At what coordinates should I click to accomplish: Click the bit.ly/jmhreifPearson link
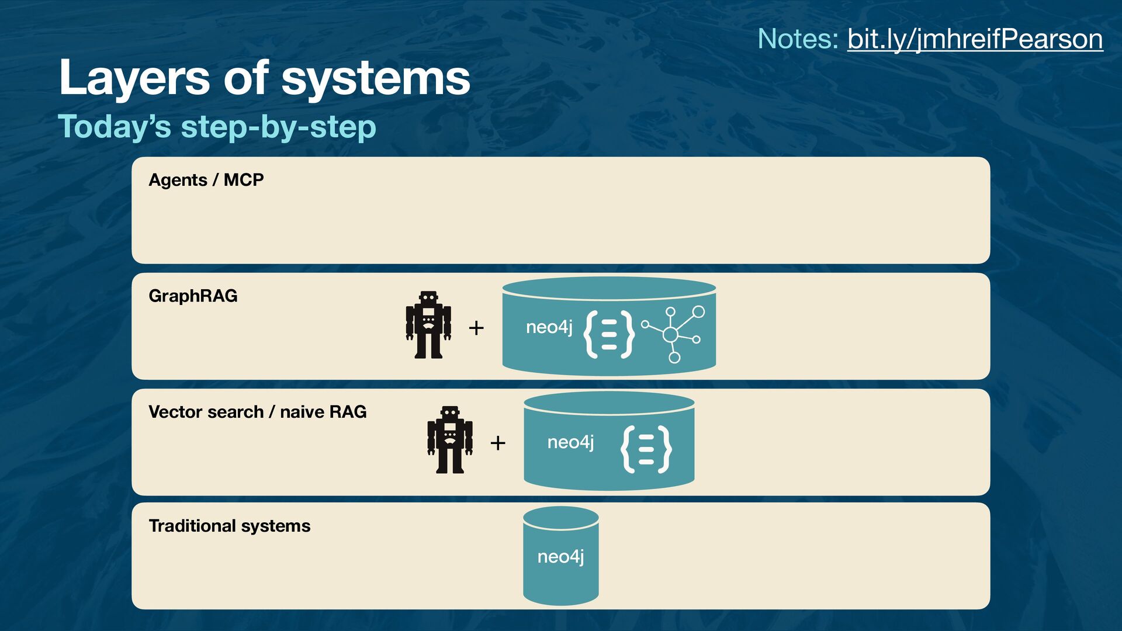click(975, 39)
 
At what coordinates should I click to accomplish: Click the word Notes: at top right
click(798, 39)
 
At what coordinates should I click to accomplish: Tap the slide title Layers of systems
click(264, 78)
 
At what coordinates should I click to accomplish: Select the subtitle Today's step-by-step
click(217, 127)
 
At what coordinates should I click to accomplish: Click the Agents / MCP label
click(206, 180)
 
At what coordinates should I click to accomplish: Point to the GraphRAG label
click(193, 296)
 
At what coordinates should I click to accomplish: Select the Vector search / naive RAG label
click(257, 412)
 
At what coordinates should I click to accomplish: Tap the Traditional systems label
click(229, 526)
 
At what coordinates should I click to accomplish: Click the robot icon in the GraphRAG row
click(428, 325)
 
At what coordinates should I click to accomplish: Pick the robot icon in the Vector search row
click(449, 440)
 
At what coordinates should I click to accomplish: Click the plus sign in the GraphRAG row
click(476, 328)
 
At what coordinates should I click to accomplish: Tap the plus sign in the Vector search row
click(498, 443)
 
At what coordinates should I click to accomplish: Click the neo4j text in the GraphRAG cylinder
click(549, 327)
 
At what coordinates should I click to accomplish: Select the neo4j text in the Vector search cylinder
click(570, 442)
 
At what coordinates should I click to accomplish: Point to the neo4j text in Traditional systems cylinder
click(560, 556)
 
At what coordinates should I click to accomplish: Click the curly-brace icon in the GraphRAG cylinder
click(609, 334)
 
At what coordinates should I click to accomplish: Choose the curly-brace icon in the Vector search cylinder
click(646, 449)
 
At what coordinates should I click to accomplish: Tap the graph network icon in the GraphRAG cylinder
click(673, 334)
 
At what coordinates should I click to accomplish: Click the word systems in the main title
click(376, 78)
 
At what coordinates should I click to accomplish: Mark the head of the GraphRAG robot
click(428, 297)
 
